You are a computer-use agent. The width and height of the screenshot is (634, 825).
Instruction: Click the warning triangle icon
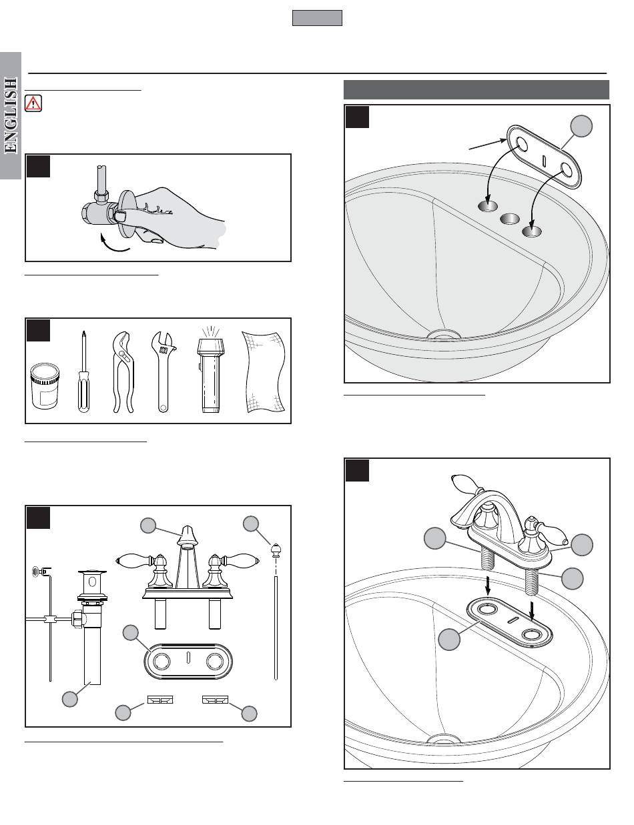coord(32,103)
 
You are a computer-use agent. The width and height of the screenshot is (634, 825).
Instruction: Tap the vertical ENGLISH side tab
coord(11,117)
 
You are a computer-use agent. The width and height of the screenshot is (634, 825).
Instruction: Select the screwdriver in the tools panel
coord(83,373)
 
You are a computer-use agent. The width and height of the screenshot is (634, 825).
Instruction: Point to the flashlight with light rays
coord(209,373)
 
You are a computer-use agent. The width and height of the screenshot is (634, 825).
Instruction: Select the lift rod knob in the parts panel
coord(274,551)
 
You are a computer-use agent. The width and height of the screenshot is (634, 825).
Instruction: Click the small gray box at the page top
coord(317,18)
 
